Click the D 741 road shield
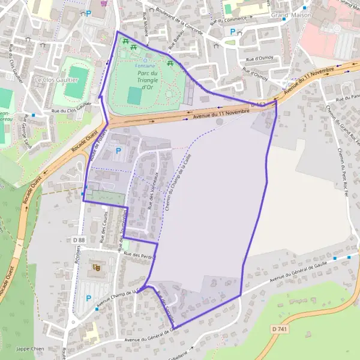coord(279,329)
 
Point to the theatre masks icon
coord(95,267)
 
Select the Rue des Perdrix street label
coord(139,256)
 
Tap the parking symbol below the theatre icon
coord(89,298)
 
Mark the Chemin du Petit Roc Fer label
coord(343,168)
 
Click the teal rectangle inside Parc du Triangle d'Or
coord(135,95)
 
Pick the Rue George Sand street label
coord(28,130)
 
